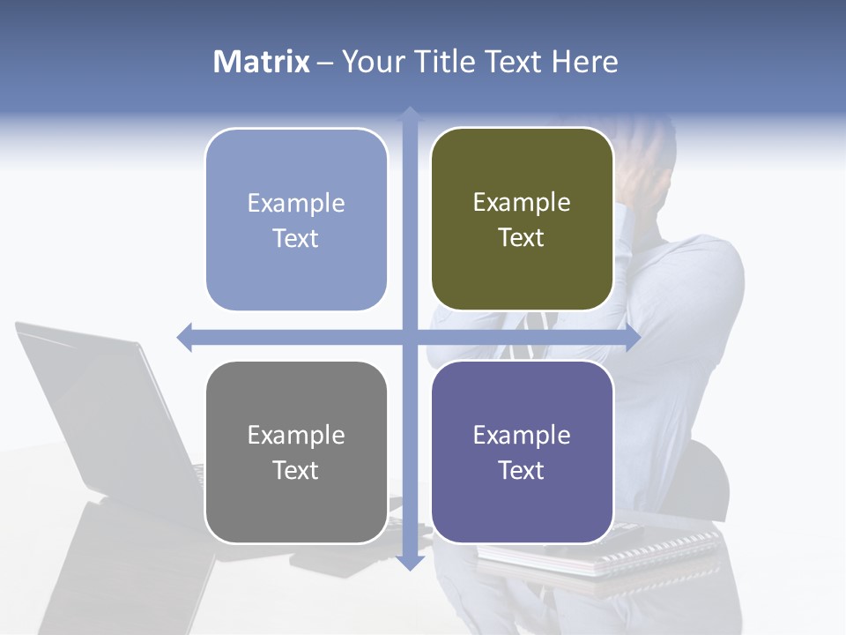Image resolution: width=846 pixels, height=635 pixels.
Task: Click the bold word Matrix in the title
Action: coord(261,62)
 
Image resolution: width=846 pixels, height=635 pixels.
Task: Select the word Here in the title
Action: coord(585,62)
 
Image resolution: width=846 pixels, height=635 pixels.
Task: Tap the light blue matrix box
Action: coord(296,220)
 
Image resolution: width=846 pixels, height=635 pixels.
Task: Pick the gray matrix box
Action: coord(296,452)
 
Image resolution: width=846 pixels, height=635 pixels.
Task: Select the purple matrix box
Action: coord(522,452)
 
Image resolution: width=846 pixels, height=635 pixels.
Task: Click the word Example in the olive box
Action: coord(522,202)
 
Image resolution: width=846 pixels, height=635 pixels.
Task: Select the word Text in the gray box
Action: coord(296,470)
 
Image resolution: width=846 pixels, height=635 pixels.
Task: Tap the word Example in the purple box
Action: coord(522,435)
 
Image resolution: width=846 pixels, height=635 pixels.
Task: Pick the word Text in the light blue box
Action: coord(296,238)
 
